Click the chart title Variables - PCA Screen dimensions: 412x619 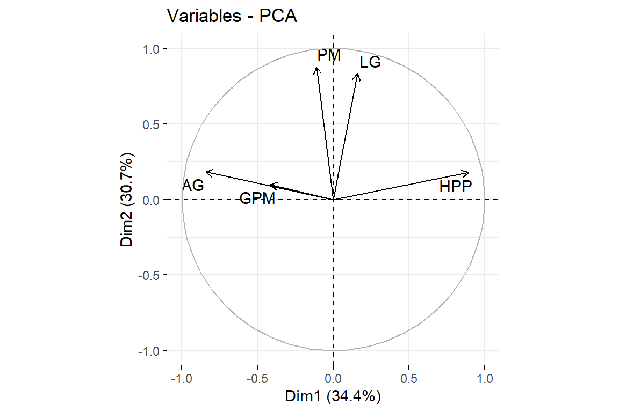tap(232, 16)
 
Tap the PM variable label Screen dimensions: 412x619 tap(329, 55)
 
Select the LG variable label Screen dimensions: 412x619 tap(370, 63)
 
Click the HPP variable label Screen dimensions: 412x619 tap(455, 187)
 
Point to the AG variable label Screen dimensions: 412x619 tap(193, 186)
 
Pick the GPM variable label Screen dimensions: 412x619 tap(257, 199)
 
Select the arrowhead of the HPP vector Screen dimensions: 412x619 tap(469, 173)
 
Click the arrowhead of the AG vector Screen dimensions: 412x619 tap(207, 172)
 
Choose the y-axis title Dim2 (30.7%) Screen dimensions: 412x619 tap(127, 200)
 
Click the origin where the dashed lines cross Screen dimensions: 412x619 tap(333, 200)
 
